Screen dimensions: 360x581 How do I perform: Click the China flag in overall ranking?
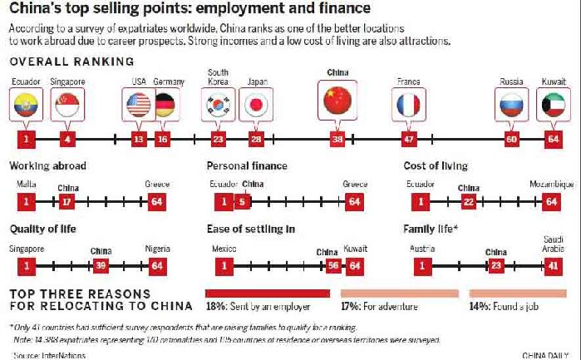(337, 101)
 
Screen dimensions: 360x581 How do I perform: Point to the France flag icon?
(408, 105)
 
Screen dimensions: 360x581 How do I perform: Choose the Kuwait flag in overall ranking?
(554, 105)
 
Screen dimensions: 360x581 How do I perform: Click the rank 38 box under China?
(337, 139)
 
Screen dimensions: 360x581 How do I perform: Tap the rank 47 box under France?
(408, 139)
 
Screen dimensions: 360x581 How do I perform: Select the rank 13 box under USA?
(138, 139)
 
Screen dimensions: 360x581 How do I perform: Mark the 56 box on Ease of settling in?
(332, 266)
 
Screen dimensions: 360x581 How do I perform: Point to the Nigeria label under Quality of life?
(156, 248)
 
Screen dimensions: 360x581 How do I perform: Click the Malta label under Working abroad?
(26, 183)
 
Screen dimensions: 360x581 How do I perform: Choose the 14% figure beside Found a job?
(480, 305)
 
